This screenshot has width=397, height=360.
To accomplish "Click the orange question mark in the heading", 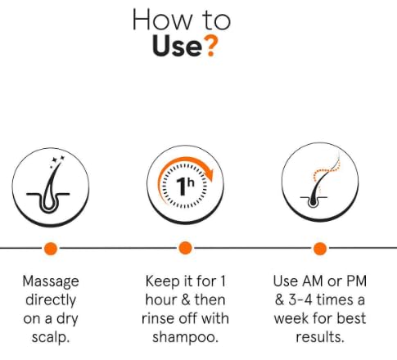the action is tap(211, 47).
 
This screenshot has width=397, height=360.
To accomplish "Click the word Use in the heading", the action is tap(177, 46).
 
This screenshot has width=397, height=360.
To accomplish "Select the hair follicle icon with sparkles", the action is tap(51, 188).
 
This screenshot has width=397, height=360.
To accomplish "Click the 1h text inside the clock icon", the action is tap(184, 186).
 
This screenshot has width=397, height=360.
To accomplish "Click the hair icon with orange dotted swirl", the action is tap(320, 182).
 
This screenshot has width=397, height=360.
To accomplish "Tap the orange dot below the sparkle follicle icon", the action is tap(51, 249).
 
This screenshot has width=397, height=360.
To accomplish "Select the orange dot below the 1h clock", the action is tap(185, 248).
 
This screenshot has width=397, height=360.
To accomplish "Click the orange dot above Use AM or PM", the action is tap(320, 249).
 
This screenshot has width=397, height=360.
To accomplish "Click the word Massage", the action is tap(51, 281).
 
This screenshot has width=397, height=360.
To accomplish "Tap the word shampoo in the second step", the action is tap(184, 337).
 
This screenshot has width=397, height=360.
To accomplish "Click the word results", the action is tap(320, 337).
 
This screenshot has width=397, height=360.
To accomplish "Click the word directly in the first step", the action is tap(51, 300).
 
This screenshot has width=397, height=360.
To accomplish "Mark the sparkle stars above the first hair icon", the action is tap(57, 161).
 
